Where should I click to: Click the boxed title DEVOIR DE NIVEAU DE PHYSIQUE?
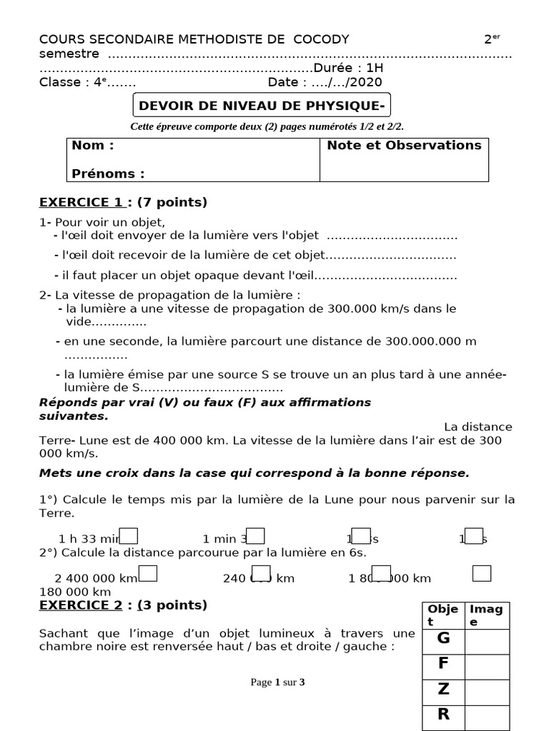(262, 106)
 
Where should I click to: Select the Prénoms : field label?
(108, 173)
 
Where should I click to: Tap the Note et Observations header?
(404, 146)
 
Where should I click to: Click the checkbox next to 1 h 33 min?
(129, 536)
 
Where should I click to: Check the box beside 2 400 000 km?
(148, 573)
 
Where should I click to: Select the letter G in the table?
(443, 639)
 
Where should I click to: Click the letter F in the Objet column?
(443, 664)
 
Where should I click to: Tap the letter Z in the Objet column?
(443, 689)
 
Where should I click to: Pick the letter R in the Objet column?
(443, 714)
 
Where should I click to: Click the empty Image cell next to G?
(487, 640)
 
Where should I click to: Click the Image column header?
(486, 615)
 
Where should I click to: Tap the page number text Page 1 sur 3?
(277, 682)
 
